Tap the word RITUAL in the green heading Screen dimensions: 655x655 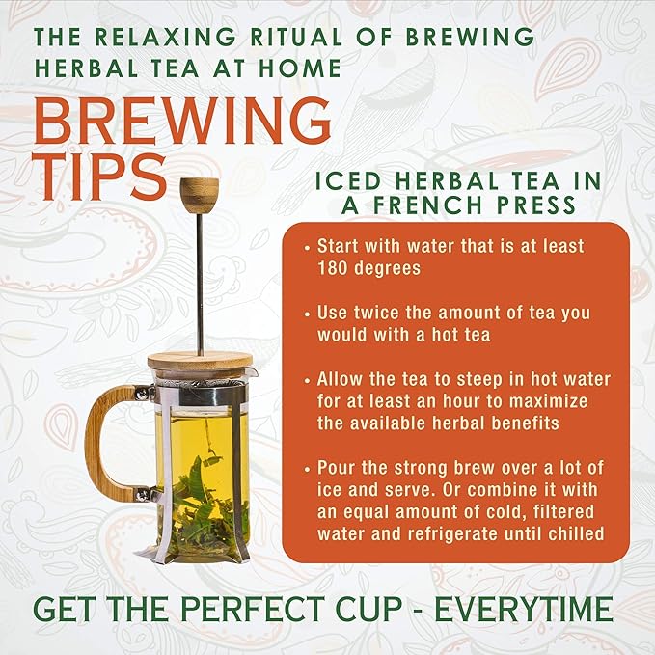pos(296,36)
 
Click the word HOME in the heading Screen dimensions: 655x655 pos(300,68)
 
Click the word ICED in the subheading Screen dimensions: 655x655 pos(347,181)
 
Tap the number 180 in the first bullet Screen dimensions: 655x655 pos(332,268)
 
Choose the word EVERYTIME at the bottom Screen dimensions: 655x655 pos(524,609)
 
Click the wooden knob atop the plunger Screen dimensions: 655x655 pos(200,191)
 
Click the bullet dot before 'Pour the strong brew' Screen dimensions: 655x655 pos(308,469)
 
